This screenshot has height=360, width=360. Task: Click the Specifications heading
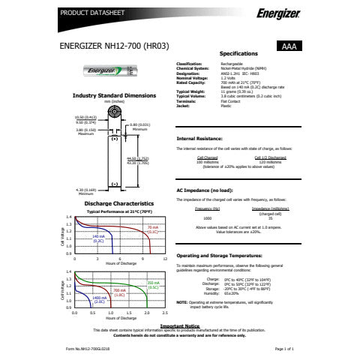[238, 55]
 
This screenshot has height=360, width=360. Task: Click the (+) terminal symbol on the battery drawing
[115, 139]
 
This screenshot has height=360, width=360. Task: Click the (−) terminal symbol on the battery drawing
[115, 184]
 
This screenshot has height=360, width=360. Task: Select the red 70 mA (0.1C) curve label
[152, 229]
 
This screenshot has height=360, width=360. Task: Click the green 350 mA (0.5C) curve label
[153, 285]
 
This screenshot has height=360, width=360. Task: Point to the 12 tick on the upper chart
[164, 258]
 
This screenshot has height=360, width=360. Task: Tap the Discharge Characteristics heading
[114, 203]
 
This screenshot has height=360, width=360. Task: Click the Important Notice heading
[179, 325]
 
